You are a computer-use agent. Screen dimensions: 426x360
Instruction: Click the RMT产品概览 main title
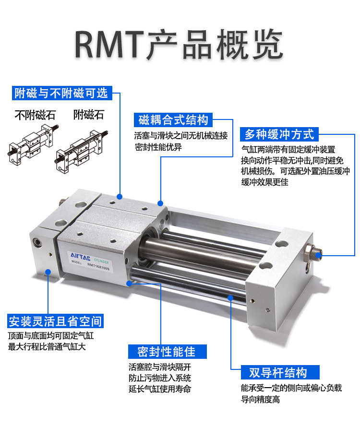[x=180, y=44]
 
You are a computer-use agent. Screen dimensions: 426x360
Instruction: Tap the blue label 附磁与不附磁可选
[x=61, y=93]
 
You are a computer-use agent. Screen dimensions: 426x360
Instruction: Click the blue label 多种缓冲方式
[x=278, y=133]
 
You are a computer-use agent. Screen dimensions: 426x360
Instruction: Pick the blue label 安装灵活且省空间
[x=55, y=321]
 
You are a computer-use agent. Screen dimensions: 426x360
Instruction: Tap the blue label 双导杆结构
[x=277, y=372]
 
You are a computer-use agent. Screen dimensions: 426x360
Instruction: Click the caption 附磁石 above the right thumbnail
[x=88, y=115]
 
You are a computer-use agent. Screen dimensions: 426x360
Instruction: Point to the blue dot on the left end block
[x=48, y=272]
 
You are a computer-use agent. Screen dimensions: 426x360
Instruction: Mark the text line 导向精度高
[x=260, y=399]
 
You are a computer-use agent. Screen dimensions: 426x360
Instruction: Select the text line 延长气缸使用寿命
[x=159, y=389]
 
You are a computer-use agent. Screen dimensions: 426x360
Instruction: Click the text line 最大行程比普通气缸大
[x=47, y=347]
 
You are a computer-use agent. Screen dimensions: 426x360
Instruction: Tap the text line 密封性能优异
[x=158, y=147]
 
